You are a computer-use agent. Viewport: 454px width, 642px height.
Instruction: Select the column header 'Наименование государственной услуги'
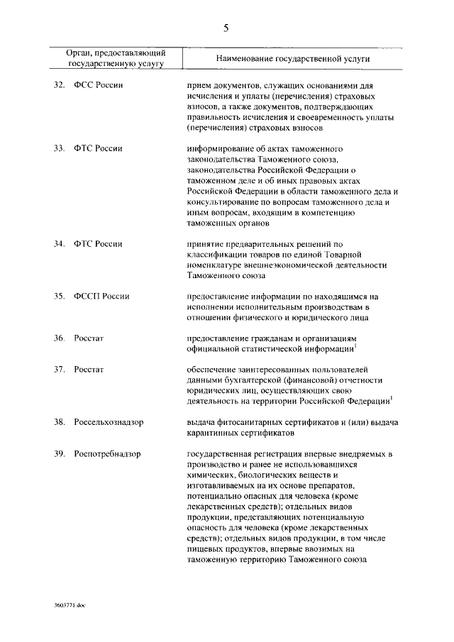coord(290,58)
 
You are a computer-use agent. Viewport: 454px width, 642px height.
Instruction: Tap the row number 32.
coord(60,84)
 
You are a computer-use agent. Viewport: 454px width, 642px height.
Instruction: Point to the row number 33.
coord(60,149)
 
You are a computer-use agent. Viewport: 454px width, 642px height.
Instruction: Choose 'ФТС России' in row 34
coord(98,244)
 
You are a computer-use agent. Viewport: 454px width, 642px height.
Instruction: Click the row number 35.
coord(60,297)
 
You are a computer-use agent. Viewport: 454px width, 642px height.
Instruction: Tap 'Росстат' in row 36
coord(89,338)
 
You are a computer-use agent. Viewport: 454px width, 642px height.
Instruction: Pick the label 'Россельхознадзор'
coord(109,422)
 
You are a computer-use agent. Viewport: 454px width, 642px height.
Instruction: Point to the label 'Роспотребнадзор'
coord(107,453)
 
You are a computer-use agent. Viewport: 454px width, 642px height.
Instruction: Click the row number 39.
coord(60,453)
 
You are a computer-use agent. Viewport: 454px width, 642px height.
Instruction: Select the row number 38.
coord(60,422)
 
